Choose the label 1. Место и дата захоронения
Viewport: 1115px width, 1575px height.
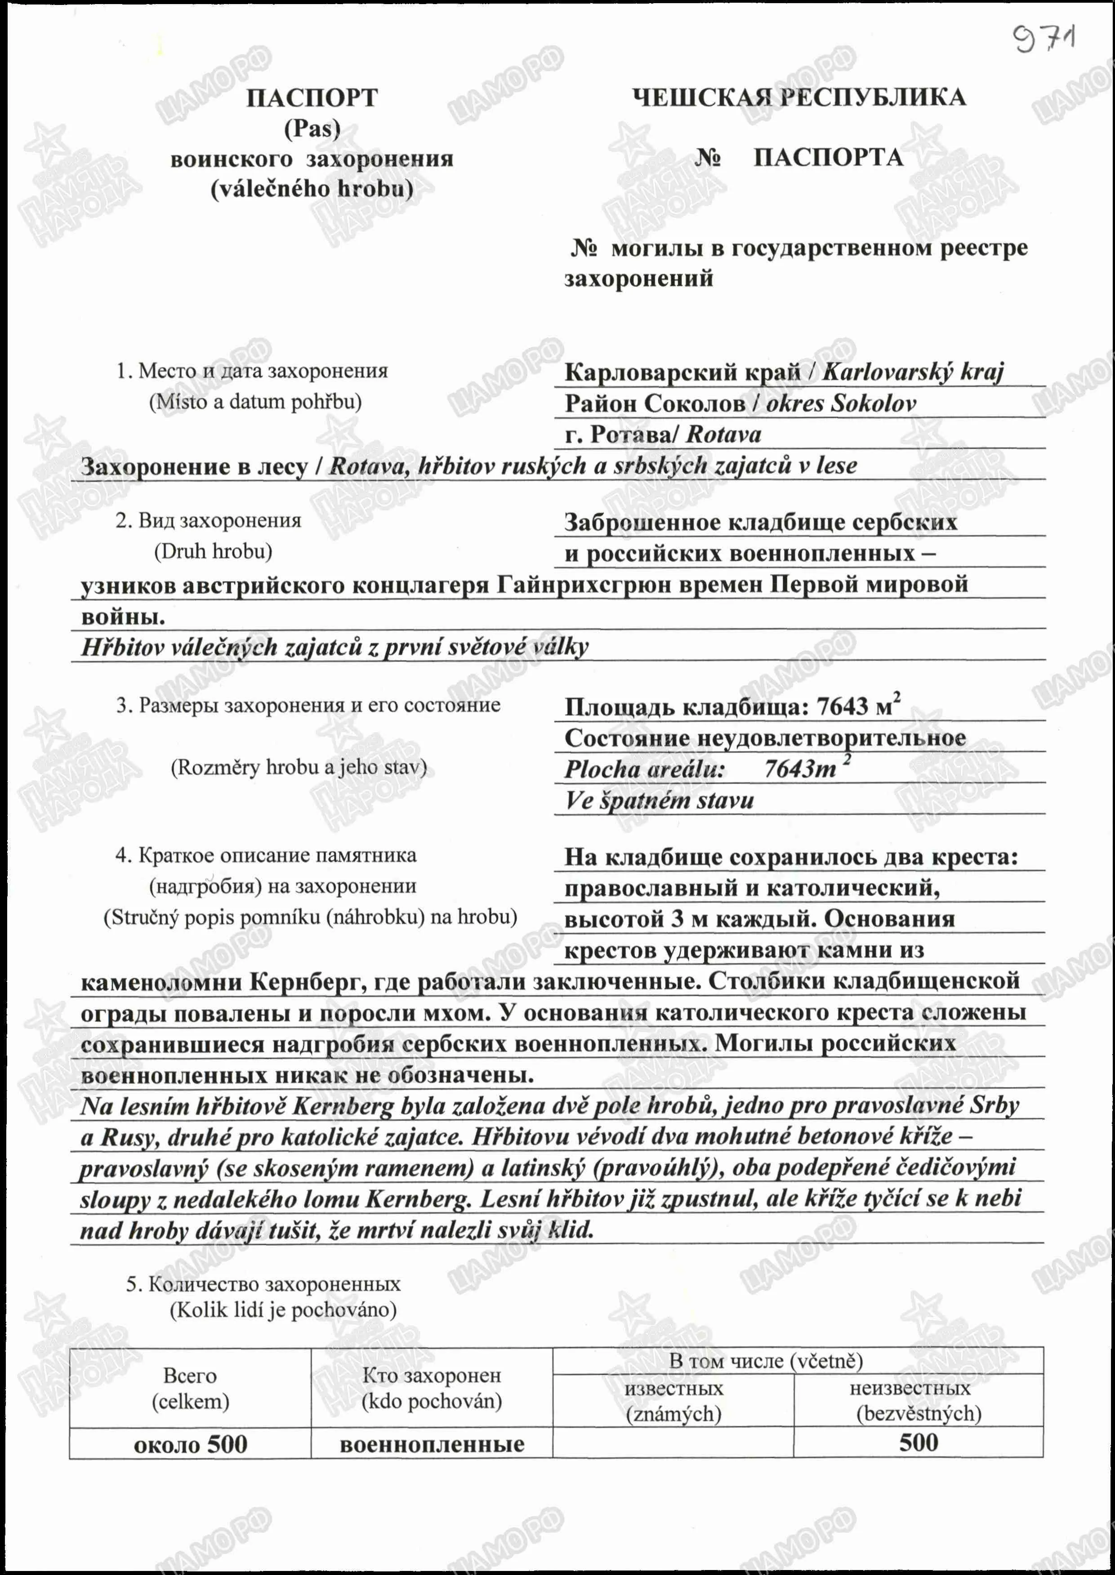click(251, 371)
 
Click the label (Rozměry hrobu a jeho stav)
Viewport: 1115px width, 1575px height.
click(299, 767)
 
